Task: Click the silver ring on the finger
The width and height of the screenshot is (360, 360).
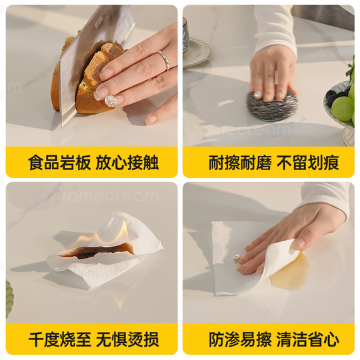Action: tap(163, 61)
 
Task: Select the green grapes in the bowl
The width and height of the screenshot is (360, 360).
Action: tap(343, 107)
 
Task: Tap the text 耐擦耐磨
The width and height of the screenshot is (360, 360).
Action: tap(234, 163)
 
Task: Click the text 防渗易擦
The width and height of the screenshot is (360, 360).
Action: tap(234, 340)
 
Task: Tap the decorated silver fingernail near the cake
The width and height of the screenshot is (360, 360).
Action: tap(111, 101)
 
